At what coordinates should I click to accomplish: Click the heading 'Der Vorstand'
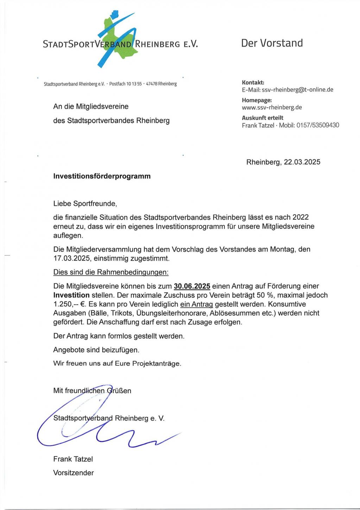(x=272, y=43)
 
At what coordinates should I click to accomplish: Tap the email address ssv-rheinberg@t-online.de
(x=298, y=90)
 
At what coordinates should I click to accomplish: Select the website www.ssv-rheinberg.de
(x=272, y=107)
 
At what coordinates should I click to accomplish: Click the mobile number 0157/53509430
(x=318, y=125)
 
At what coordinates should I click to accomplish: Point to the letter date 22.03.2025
(x=302, y=162)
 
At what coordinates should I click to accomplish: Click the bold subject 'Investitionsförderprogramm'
(x=102, y=176)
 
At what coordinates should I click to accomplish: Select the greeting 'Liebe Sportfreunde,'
(x=85, y=203)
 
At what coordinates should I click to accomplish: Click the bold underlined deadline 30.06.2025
(x=192, y=286)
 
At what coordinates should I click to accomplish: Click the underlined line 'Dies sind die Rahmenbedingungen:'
(x=111, y=272)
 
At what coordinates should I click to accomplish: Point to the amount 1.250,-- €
(x=69, y=304)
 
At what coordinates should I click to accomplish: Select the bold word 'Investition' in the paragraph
(x=71, y=295)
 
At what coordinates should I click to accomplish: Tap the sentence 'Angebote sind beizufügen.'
(x=96, y=350)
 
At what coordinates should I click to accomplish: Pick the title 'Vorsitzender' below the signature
(x=74, y=473)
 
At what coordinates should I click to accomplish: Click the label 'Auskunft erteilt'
(x=263, y=118)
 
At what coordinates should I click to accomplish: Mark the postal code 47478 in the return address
(x=151, y=84)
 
